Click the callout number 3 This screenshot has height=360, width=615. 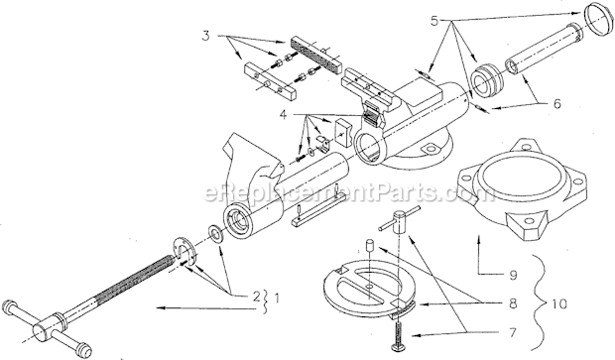tap(206, 36)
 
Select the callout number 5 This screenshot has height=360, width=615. tap(434, 21)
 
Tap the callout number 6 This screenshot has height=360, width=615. tap(556, 103)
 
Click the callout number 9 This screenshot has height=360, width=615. tap(513, 275)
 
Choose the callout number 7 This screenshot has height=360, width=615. tap(513, 333)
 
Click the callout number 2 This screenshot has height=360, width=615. tap(256, 297)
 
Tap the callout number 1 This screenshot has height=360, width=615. tap(277, 299)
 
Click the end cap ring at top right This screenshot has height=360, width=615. tap(598, 20)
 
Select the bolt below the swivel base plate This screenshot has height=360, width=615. tap(399, 331)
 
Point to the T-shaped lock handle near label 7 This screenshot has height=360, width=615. tap(400, 220)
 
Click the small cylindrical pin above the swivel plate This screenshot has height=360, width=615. tap(369, 245)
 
